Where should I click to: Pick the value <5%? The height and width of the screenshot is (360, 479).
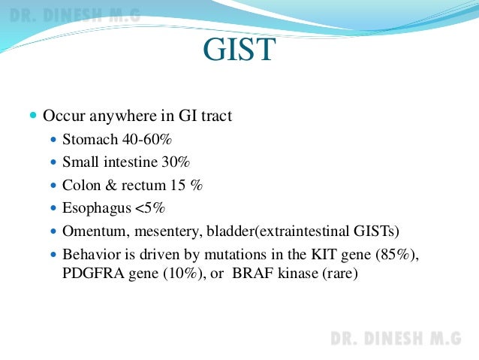coord(150,208)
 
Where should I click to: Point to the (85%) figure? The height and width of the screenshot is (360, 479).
coord(392,255)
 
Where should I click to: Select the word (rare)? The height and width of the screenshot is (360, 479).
coord(340,274)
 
